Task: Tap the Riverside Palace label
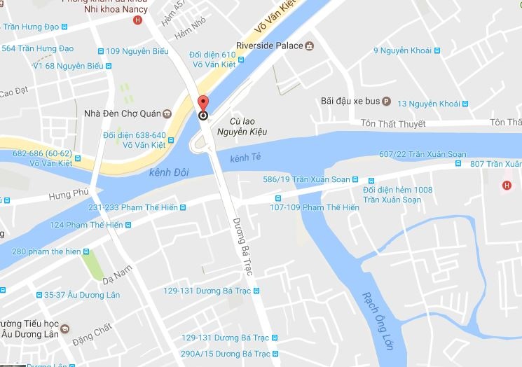tap(268, 46)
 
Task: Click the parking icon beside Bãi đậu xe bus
tap(386, 100)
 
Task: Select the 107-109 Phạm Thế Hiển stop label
tap(314, 207)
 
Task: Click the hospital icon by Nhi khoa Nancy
tap(137, 20)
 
